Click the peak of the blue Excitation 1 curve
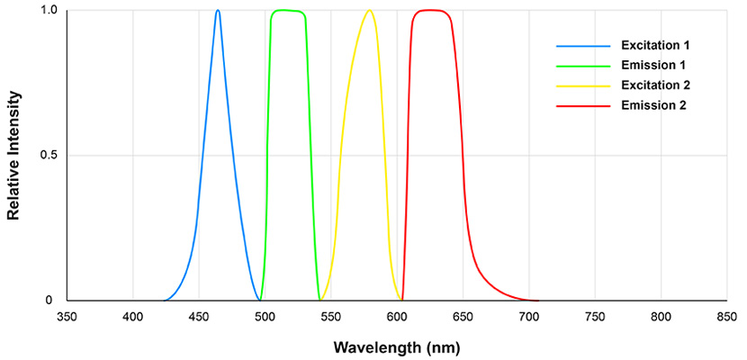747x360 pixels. (x=218, y=11)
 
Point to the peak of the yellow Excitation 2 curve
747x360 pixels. (x=369, y=11)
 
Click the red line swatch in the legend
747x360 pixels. (x=577, y=106)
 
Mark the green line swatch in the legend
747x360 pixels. (x=577, y=65)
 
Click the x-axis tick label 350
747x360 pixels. (x=67, y=317)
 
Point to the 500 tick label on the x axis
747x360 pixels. (x=265, y=317)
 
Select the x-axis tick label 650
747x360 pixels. (x=463, y=317)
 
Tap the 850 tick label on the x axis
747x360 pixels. (x=726, y=317)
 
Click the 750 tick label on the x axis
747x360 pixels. (x=595, y=317)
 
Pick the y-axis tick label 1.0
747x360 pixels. (x=49, y=11)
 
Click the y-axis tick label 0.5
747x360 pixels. (x=49, y=156)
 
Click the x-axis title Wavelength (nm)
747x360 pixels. (x=397, y=346)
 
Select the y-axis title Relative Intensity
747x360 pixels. (x=13, y=155)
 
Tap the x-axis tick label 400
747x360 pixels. (x=133, y=317)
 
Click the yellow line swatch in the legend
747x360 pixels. (x=577, y=85)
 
